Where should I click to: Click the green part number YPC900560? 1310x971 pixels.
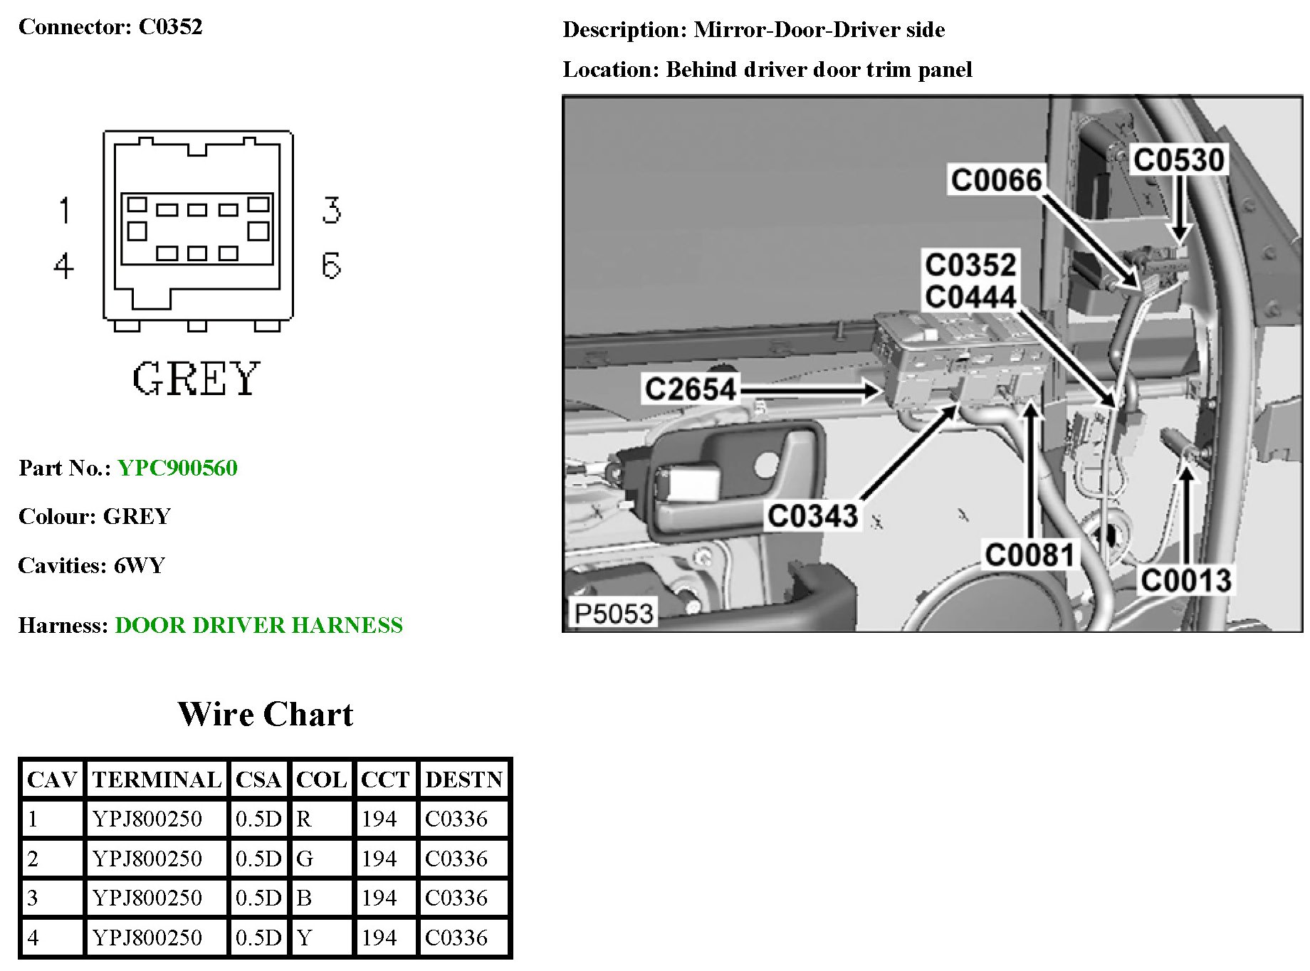(x=177, y=468)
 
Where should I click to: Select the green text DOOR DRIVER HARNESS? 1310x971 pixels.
(x=258, y=625)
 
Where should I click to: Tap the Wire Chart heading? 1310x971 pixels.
(x=265, y=714)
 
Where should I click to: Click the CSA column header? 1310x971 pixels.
(x=258, y=780)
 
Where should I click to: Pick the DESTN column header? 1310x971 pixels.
(x=464, y=780)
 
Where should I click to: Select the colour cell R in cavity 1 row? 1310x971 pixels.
(x=304, y=819)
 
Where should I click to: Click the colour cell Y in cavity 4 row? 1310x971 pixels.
(x=305, y=938)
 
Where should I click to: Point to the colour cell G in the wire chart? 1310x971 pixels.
(x=305, y=859)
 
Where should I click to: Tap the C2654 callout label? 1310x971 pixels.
(x=689, y=389)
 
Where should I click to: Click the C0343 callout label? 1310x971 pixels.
(x=812, y=515)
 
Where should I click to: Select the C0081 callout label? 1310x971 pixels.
(x=1029, y=555)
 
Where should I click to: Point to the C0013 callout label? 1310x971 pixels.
(x=1186, y=580)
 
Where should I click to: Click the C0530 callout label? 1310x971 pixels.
(x=1179, y=159)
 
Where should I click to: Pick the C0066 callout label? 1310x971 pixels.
(x=996, y=179)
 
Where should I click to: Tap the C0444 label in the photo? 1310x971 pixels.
(x=970, y=297)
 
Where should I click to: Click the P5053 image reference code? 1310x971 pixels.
(x=614, y=613)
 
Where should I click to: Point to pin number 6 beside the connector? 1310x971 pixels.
(x=331, y=266)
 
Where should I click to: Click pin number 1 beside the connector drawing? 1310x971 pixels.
(x=65, y=211)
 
